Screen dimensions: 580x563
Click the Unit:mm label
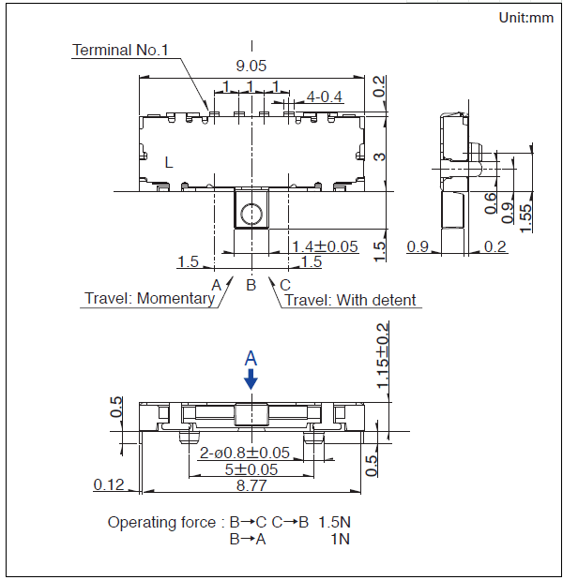(526, 17)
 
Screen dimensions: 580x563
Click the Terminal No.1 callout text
(120, 50)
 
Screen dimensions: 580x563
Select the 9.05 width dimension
(251, 66)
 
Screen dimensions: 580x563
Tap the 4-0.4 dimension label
(325, 97)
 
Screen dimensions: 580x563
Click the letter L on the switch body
(169, 162)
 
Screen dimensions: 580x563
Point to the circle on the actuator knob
(251, 215)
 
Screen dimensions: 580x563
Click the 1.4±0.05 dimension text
(326, 246)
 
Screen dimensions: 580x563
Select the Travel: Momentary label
(149, 299)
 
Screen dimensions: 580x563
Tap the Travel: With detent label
(350, 300)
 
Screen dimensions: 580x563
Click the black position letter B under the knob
(251, 284)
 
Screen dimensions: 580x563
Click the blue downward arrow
(251, 378)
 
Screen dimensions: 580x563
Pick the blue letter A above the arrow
(251, 358)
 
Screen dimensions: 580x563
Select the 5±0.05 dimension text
(251, 468)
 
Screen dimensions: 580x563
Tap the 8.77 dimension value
(251, 484)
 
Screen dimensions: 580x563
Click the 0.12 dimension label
(110, 484)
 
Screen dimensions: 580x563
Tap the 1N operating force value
(341, 539)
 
